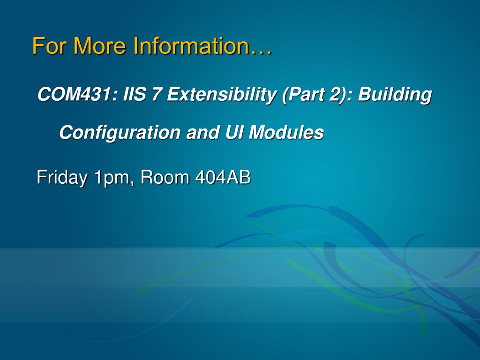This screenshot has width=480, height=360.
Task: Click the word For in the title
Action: (49, 46)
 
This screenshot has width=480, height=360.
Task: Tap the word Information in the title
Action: (192, 46)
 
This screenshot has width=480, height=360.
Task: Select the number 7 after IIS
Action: (156, 94)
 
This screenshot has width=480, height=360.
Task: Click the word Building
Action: (395, 94)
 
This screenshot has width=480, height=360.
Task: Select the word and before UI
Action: (202, 133)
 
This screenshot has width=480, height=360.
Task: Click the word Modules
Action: (286, 132)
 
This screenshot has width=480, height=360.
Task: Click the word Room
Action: (165, 177)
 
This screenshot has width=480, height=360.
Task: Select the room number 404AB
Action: (223, 177)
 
